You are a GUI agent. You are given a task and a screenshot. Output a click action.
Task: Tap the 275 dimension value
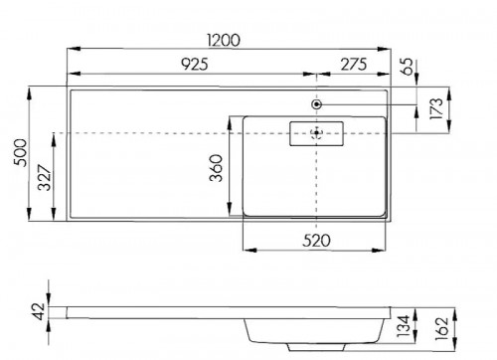coord(354,65)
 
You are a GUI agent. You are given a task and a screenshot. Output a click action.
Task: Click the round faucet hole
coord(316,104)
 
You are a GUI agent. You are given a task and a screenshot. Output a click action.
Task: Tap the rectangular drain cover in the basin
coord(315,131)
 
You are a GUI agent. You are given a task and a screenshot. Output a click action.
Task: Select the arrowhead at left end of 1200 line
coord(71,48)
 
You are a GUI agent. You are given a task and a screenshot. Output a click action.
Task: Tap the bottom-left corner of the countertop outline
coord(69,220)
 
